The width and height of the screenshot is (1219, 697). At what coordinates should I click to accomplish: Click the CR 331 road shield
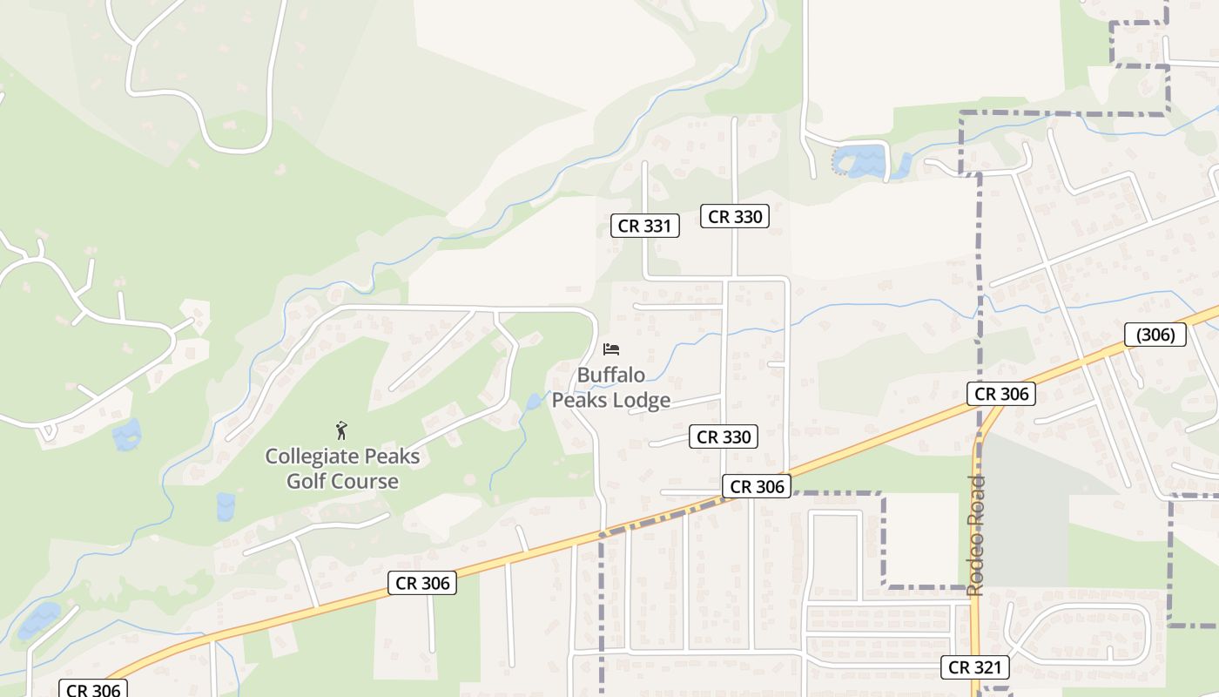pos(644,226)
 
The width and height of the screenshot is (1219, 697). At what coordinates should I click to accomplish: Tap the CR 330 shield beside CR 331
pos(735,216)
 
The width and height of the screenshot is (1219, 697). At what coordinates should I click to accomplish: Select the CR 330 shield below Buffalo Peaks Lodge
pos(723,436)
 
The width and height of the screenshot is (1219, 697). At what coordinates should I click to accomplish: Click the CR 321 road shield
pos(975,667)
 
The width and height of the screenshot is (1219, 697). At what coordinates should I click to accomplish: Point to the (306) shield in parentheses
pos(1155,335)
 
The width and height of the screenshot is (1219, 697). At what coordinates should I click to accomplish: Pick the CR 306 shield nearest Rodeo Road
pos(1001,394)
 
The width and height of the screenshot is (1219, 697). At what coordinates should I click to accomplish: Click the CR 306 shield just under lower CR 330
pos(756,487)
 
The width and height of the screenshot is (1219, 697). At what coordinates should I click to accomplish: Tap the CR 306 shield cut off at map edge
pos(92,689)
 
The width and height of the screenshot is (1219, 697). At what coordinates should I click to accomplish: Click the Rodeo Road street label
pos(975,535)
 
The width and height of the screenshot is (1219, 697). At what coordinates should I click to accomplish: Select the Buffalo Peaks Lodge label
pos(611,388)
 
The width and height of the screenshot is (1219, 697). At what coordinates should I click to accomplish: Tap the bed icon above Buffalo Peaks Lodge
pos(611,349)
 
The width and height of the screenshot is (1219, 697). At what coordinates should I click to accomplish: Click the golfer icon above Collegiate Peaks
pos(342,430)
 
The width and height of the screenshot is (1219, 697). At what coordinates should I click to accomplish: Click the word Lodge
pos(641,400)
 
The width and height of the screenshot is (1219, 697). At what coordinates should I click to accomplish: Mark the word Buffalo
pos(611,376)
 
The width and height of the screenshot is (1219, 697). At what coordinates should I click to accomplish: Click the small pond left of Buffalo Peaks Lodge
pos(533,402)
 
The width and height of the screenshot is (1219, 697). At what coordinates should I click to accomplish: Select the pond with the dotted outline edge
pos(862,162)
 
